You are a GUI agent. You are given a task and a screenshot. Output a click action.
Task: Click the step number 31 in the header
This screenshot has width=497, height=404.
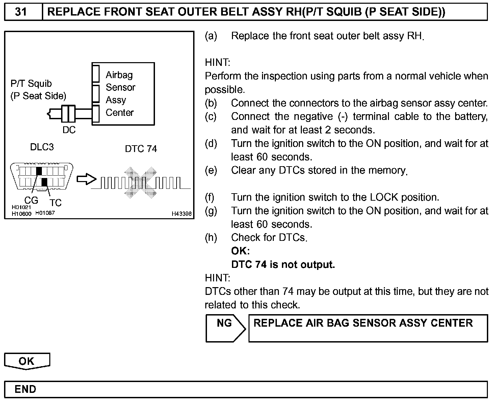point(21,12)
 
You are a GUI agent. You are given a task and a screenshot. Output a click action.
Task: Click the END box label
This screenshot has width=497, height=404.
point(25,389)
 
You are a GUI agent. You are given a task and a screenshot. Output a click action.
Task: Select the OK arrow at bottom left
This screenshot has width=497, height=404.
point(27,361)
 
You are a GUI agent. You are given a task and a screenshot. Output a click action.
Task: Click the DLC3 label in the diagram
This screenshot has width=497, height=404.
point(42,147)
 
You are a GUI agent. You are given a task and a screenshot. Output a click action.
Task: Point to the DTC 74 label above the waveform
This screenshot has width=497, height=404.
point(141,149)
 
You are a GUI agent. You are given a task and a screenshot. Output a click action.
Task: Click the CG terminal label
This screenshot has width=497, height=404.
point(31,200)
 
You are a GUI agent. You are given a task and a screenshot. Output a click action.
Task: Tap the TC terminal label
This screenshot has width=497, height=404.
point(56,203)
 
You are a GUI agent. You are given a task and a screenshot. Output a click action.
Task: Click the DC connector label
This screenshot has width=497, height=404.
point(69,130)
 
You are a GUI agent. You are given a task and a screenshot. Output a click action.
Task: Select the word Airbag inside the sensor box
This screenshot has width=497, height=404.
point(119,75)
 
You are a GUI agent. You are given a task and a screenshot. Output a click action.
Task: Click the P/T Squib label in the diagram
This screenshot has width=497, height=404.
point(31,83)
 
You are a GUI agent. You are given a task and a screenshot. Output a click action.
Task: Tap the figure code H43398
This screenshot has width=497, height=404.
point(182,213)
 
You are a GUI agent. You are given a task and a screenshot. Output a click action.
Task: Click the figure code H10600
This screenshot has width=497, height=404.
point(21,213)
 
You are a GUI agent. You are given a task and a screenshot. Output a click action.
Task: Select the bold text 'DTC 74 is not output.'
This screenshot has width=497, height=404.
point(283,264)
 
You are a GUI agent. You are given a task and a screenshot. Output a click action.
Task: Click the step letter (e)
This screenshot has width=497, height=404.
point(211,170)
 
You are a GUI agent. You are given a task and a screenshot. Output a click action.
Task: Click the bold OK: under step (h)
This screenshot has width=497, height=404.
point(240,251)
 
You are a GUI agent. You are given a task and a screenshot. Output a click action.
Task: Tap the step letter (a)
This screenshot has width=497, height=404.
point(211,36)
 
